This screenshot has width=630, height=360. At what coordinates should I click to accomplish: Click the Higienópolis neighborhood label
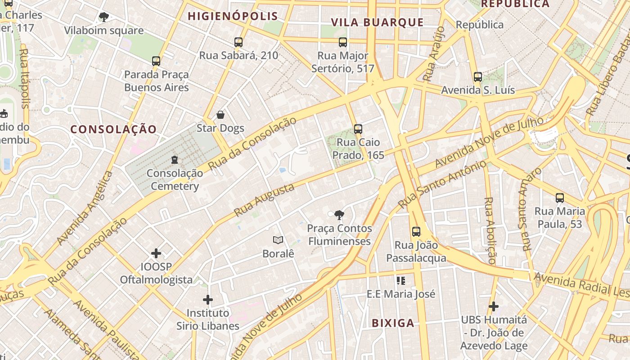point(233,17)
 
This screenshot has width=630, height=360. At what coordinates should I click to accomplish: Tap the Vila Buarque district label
point(377,22)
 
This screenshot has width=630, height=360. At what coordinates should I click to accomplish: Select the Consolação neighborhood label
point(113,130)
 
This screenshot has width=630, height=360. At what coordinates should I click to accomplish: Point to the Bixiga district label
point(393,323)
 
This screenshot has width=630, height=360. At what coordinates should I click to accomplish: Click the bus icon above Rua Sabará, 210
point(238,42)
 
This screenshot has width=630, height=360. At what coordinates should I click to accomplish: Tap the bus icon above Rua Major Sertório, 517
point(343,43)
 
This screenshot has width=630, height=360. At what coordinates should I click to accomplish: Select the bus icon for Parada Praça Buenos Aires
point(156,61)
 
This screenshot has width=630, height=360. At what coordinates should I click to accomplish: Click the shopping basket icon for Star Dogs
point(220,115)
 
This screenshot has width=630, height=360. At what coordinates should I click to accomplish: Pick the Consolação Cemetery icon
point(175,160)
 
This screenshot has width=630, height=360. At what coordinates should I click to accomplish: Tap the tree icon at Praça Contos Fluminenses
point(339,215)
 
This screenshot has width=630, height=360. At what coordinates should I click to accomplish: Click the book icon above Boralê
point(278,240)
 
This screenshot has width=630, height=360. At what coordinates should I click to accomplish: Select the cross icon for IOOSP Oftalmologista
point(156,253)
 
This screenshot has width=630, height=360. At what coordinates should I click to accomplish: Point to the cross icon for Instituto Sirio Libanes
point(208,299)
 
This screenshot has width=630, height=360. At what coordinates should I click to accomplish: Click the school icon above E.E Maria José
point(401,281)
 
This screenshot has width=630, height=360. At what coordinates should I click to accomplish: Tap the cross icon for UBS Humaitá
point(494,306)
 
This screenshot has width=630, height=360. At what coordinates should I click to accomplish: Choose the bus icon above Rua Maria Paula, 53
point(560,198)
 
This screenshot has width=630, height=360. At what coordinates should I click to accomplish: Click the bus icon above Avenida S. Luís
point(478,77)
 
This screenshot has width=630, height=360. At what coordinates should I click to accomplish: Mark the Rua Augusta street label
point(264,200)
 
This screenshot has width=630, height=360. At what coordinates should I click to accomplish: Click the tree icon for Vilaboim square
point(104,18)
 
